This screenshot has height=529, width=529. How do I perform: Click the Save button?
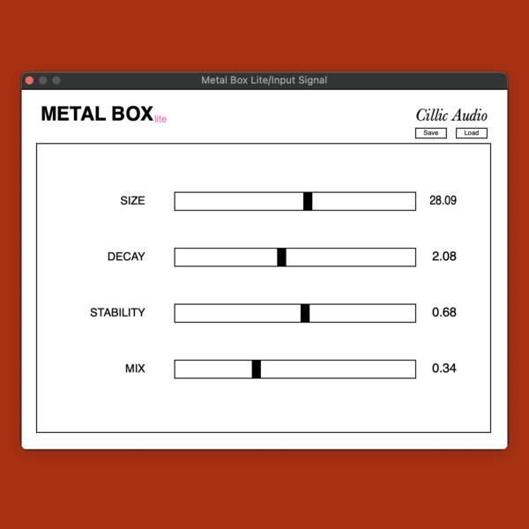click(431, 133)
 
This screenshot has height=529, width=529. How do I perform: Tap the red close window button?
click(29, 80)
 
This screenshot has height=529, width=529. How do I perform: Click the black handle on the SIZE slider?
click(308, 201)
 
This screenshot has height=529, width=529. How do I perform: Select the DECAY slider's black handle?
click(282, 257)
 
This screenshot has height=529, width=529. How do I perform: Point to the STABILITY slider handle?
click(305, 313)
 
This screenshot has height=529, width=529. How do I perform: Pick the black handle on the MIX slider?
click(257, 369)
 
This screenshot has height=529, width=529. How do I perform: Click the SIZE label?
click(132, 201)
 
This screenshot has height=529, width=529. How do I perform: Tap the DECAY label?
click(126, 257)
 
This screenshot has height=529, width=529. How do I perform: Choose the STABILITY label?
click(117, 313)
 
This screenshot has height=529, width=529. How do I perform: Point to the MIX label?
click(135, 369)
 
